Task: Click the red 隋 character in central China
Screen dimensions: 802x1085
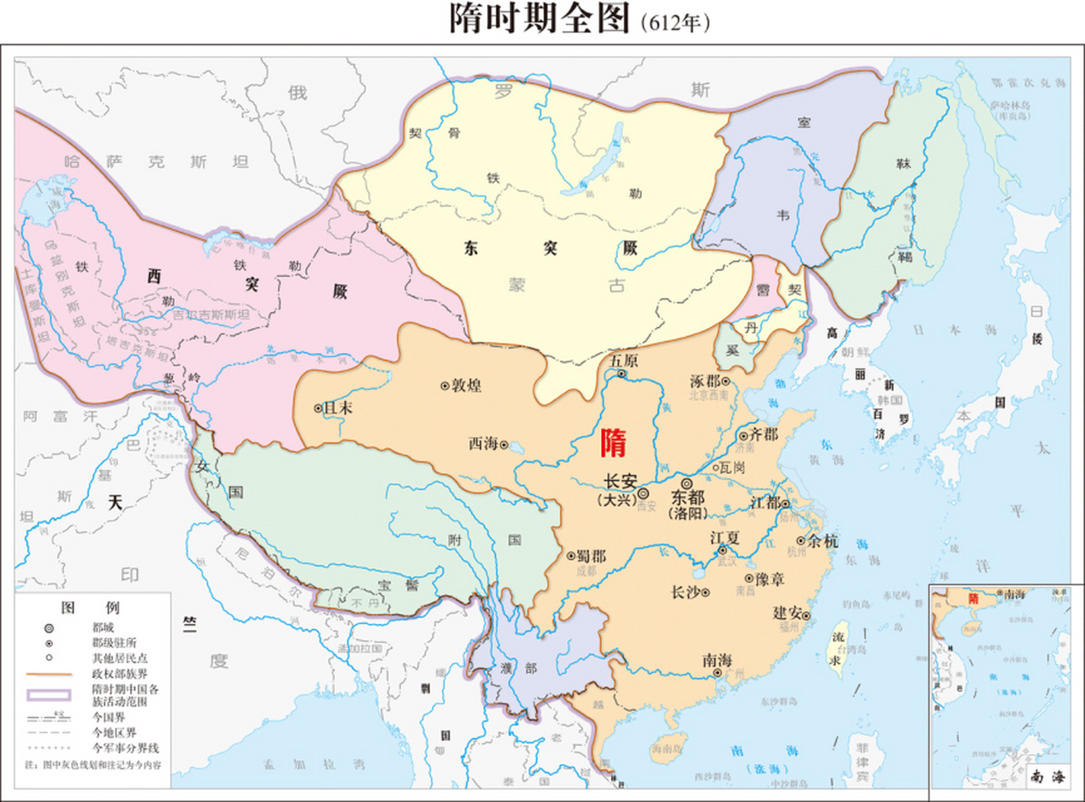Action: click(613, 443)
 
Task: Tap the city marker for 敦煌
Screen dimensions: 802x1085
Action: click(445, 386)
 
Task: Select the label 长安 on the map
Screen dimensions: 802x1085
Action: click(620, 481)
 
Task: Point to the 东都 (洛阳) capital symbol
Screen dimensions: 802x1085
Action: click(687, 484)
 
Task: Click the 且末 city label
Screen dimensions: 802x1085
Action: click(338, 408)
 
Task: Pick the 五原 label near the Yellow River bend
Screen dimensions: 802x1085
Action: click(623, 361)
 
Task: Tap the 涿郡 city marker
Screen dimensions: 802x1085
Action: click(725, 381)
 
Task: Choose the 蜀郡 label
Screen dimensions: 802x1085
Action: click(591, 556)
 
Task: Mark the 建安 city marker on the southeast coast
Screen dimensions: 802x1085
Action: click(806, 616)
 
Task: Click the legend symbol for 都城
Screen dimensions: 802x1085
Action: click(49, 628)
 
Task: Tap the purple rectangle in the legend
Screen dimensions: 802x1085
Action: click(49, 695)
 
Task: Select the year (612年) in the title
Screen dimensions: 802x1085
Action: click(675, 23)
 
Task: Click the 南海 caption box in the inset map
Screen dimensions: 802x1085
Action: click(1047, 777)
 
